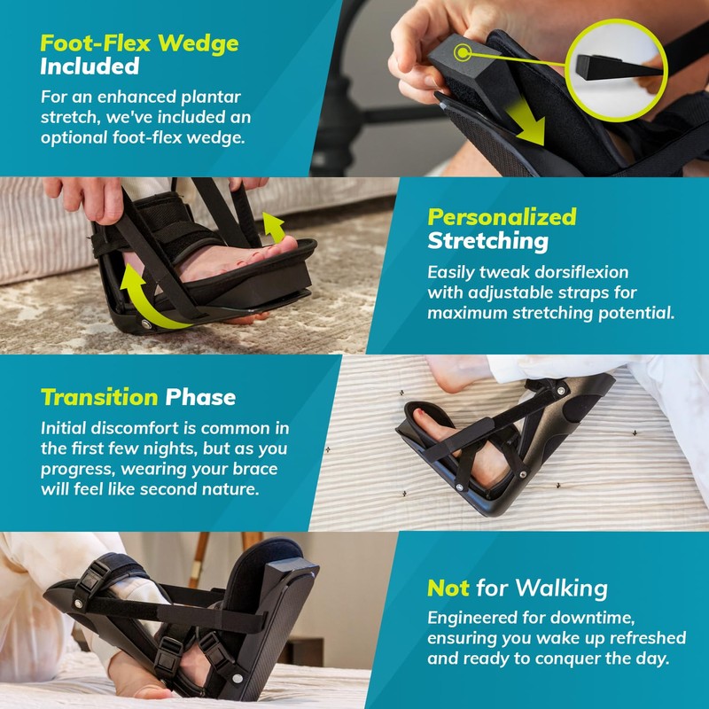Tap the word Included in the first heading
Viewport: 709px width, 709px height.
[90, 66]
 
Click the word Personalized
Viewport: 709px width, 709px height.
[502, 216]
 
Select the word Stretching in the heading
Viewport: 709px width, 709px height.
[487, 241]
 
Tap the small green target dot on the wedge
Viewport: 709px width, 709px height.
[460, 52]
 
